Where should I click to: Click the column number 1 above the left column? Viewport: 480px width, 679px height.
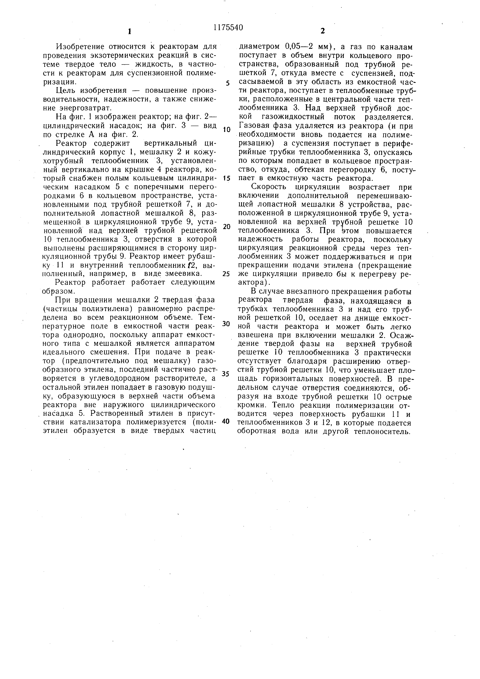pyautogui.click(x=129, y=31)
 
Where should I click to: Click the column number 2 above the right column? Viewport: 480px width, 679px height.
pyautogui.click(x=322, y=31)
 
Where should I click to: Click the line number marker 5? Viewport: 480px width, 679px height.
pyautogui.click(x=228, y=83)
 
